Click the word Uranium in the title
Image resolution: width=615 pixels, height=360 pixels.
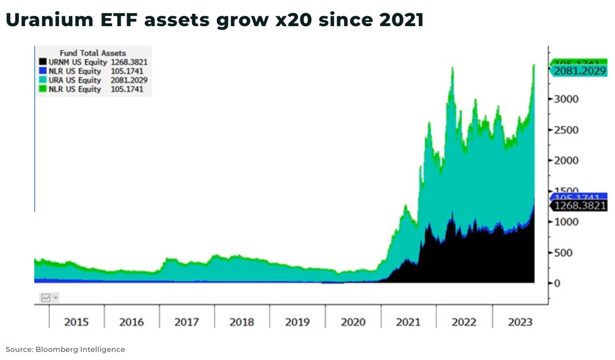point(50,20)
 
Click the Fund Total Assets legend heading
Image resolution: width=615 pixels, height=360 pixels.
point(93,53)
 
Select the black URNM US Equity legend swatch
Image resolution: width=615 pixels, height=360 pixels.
point(43,62)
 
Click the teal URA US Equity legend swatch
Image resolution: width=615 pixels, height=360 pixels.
point(43,80)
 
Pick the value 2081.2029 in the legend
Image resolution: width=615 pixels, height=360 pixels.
point(129,80)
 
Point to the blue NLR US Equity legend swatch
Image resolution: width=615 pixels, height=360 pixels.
point(43,71)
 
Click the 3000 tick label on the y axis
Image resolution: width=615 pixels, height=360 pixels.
point(566,99)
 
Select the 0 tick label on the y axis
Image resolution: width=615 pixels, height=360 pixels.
point(557,283)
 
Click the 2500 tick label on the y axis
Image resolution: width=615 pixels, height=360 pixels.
point(566,130)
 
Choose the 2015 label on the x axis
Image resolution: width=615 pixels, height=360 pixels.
point(76,322)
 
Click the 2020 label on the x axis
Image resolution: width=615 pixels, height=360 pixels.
point(353,322)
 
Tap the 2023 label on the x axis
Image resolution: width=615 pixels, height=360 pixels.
point(520,322)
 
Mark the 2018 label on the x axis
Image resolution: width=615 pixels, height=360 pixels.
point(242,322)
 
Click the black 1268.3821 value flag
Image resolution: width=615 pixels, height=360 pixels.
point(580,206)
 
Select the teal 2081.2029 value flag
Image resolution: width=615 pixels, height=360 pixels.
point(579,71)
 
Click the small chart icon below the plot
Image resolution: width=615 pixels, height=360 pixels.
point(46,298)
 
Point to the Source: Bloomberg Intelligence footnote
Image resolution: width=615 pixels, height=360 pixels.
point(65,349)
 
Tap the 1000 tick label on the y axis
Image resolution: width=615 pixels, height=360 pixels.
point(566,222)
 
